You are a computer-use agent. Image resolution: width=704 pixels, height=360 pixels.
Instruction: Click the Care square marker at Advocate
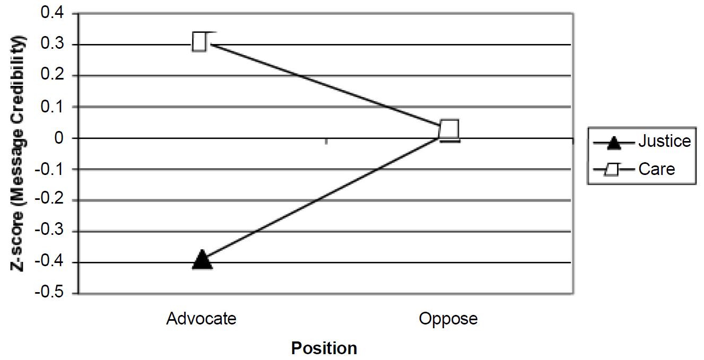(x=199, y=42)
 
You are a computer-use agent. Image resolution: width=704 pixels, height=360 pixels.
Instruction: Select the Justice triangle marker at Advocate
(x=202, y=259)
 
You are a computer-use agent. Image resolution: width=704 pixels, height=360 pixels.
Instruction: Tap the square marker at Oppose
(x=449, y=130)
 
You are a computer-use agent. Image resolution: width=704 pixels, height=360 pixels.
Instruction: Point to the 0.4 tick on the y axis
(x=52, y=13)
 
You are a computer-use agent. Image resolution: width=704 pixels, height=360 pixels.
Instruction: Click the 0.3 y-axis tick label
(x=52, y=44)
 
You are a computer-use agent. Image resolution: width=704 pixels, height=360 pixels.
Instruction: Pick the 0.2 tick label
(x=52, y=75)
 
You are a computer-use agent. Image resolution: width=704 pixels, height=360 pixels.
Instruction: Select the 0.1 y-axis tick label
(x=52, y=107)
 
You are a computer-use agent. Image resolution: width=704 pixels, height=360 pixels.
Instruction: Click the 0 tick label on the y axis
(x=59, y=138)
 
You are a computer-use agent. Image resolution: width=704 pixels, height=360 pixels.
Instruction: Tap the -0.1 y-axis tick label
(x=49, y=170)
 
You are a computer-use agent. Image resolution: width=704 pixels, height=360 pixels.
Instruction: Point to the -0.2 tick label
(x=49, y=199)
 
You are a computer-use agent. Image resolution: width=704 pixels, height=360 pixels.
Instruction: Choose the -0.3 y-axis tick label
(x=49, y=231)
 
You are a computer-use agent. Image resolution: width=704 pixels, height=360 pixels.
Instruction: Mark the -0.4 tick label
(x=49, y=262)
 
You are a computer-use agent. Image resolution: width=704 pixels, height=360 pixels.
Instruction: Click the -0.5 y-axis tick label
(x=49, y=293)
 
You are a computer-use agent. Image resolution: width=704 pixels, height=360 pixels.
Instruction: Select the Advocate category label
(x=201, y=319)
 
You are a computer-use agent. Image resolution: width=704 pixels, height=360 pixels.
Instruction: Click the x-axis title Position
(x=324, y=348)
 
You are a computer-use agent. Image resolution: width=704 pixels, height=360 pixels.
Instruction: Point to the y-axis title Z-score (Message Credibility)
(x=18, y=154)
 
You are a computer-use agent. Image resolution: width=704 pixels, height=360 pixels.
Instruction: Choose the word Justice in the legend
(x=665, y=141)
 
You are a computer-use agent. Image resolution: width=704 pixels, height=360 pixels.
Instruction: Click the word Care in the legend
(x=657, y=169)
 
